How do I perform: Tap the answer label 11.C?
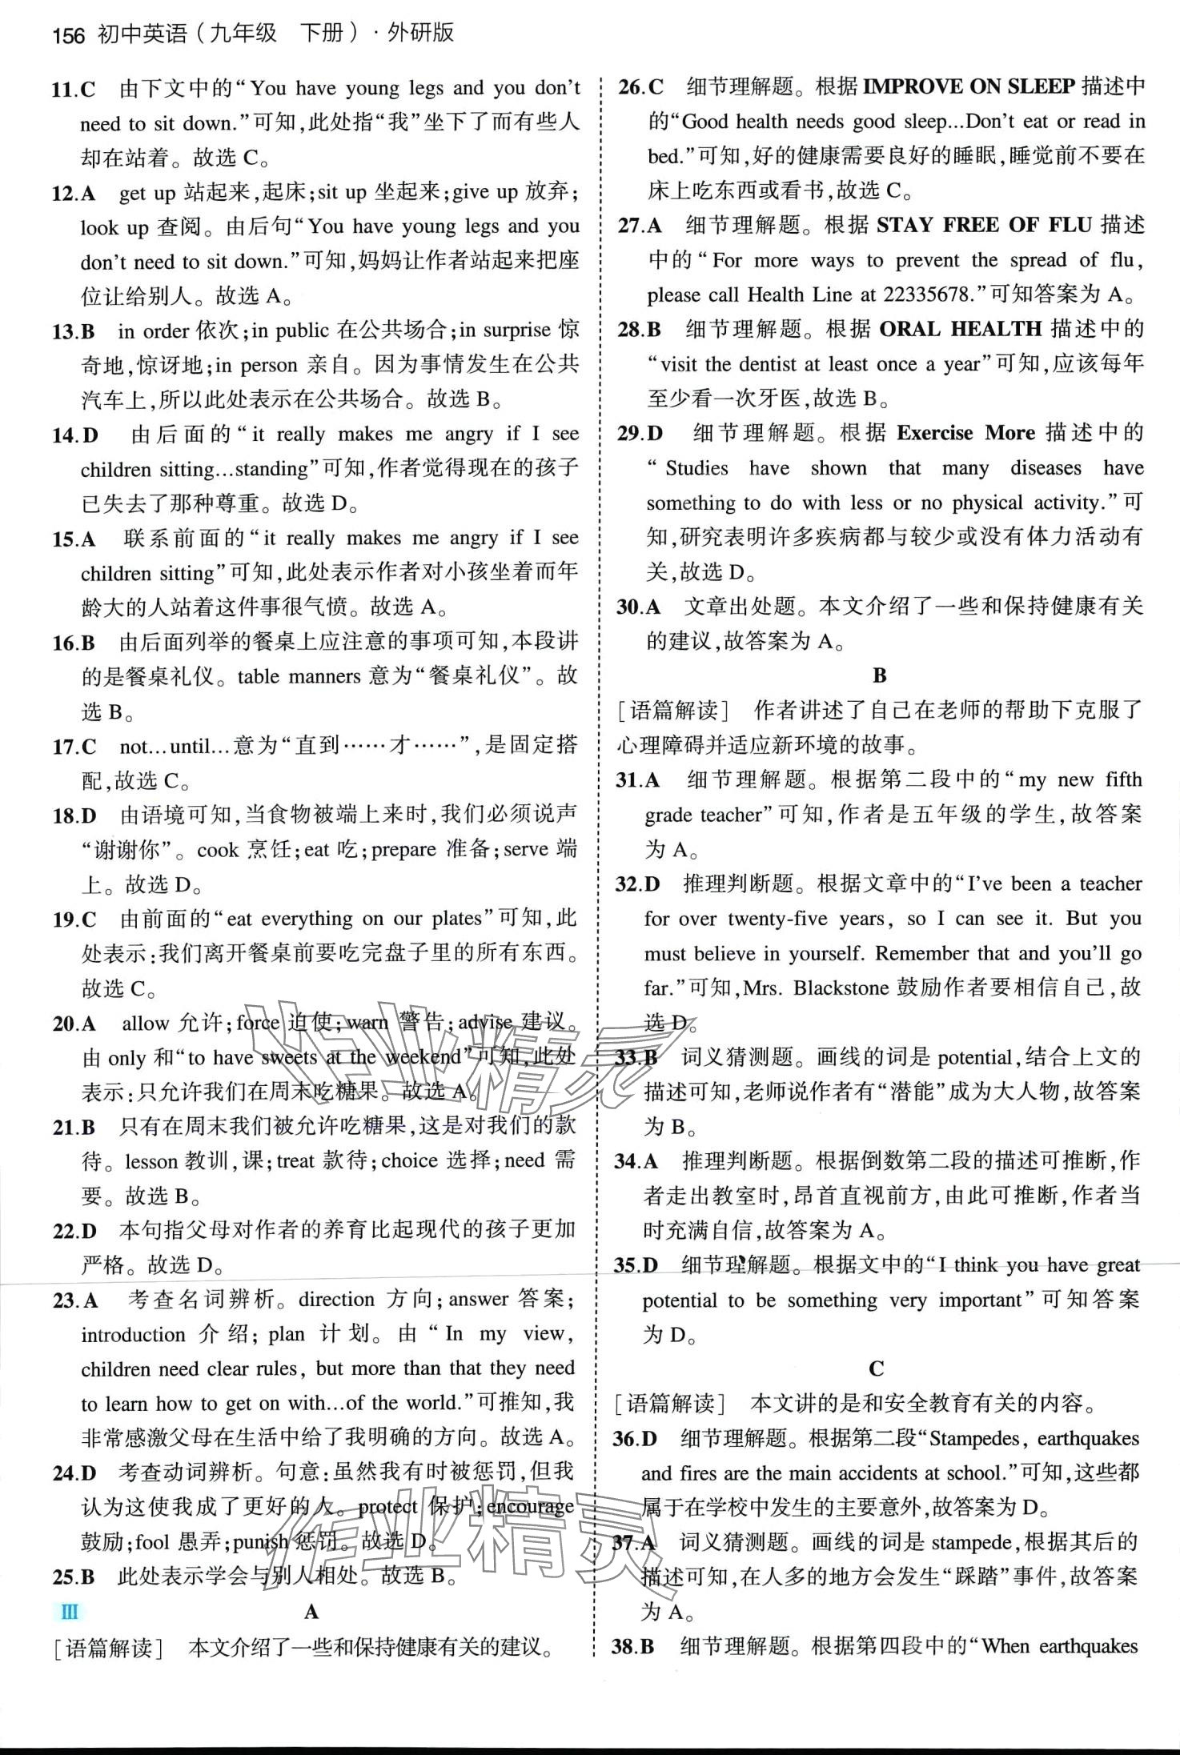click(74, 89)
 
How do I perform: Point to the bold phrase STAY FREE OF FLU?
click(984, 225)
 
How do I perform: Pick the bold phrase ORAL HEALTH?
click(960, 329)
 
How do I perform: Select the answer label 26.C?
click(641, 86)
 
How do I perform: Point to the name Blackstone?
click(841, 988)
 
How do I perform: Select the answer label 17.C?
click(74, 747)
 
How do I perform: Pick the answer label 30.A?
click(638, 607)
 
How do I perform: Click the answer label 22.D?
click(74, 1230)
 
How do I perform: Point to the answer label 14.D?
click(75, 435)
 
